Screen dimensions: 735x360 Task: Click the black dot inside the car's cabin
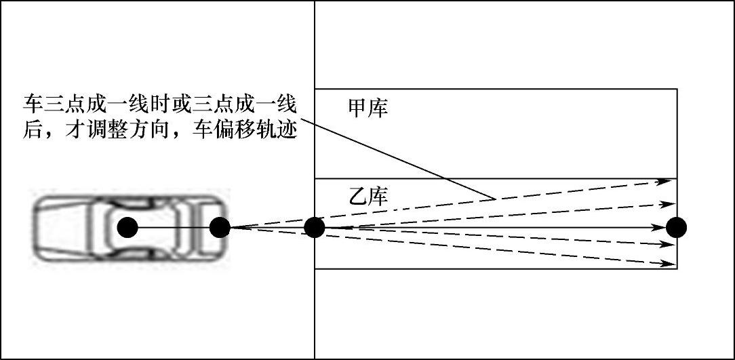coord(127,227)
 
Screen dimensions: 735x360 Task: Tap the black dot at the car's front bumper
coord(219,227)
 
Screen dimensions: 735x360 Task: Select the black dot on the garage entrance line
coord(314,227)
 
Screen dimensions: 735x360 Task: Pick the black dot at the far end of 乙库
coord(676,227)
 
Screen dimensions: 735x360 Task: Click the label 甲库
coord(367,108)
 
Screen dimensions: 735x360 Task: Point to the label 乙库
coord(367,197)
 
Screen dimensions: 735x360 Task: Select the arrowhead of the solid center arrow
coord(660,227)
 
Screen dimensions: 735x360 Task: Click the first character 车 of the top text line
coord(31,105)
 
